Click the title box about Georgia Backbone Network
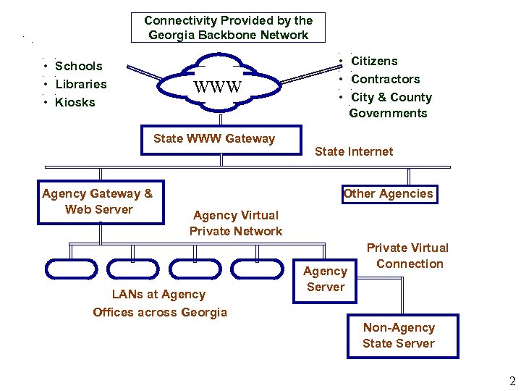228,28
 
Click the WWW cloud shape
217,88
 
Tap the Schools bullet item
78,67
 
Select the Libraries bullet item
80,84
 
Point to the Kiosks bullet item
75,102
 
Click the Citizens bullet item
374,61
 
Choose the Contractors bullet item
385,79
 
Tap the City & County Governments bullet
390,105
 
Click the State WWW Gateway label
214,138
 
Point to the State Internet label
354,151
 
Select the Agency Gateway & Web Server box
98,201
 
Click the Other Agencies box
388,193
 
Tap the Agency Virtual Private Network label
236,223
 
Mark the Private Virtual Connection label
408,256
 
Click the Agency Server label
325,279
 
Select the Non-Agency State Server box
399,336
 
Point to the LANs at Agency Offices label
159,303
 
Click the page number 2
512,382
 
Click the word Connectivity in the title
182,21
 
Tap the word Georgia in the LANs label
205,312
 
